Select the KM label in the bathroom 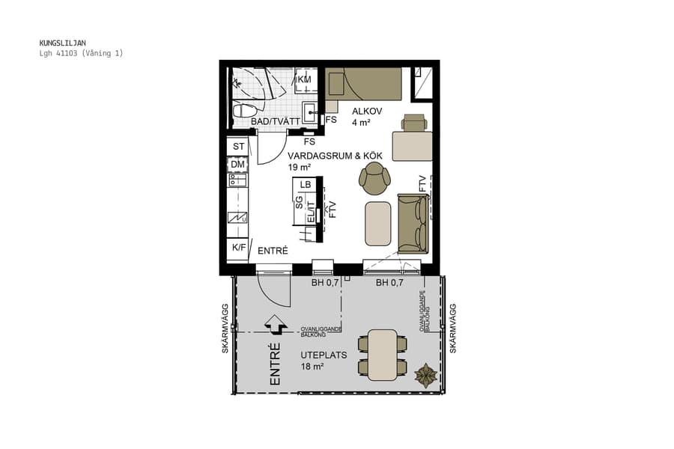tap(304, 79)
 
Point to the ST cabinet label tap(239, 146)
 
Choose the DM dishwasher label tap(238, 165)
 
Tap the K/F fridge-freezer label tap(238, 248)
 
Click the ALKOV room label tap(367, 112)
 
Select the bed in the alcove tap(364, 83)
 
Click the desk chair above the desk tap(413, 123)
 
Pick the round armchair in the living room tap(374, 177)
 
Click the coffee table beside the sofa tap(378, 223)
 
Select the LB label tap(305, 184)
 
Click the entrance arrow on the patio tap(275, 324)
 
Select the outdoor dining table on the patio tap(382, 355)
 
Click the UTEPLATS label tap(324, 355)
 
